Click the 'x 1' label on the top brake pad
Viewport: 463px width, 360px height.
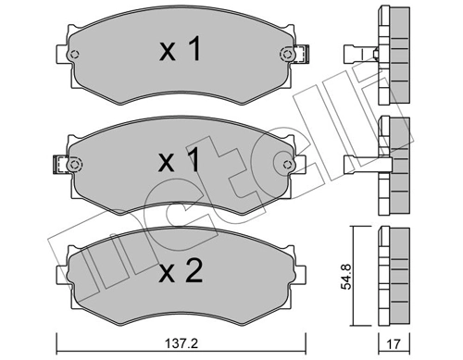coord(179,53)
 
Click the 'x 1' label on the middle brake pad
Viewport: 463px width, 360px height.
coord(179,163)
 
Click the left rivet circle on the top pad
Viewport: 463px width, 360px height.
coord(74,57)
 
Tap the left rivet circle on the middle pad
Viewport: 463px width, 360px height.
coord(74,167)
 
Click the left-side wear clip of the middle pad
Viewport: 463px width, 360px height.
coord(57,168)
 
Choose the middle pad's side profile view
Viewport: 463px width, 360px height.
coord(395,165)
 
